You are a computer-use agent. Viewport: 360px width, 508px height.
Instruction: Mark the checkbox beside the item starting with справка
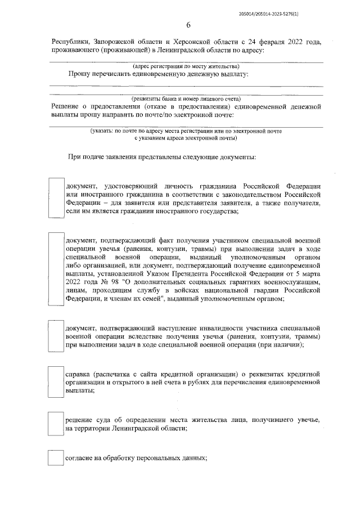(56, 381)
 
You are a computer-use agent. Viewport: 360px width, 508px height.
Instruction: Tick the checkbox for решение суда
(56, 424)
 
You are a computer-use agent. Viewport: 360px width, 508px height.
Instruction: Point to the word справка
(79, 373)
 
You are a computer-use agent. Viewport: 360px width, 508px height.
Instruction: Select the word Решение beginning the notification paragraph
(66, 106)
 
